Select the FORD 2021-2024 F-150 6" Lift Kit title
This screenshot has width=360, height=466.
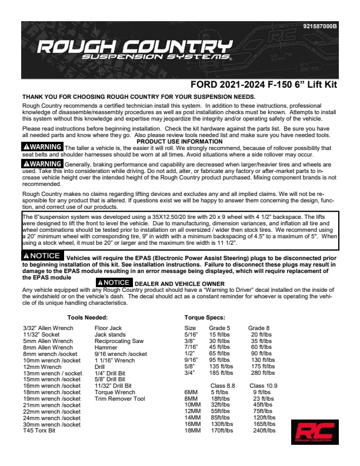coord(264,85)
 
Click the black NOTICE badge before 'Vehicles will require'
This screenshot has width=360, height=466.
coord(41,256)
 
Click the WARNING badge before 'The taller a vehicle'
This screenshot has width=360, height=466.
coord(42,146)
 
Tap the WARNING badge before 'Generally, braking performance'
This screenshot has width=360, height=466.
coord(42,163)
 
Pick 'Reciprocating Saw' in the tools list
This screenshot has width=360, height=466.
coord(119,341)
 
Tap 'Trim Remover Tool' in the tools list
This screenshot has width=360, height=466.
coord(119,398)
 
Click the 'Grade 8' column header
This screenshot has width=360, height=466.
coord(259,327)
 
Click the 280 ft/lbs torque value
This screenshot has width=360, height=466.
coord(263,372)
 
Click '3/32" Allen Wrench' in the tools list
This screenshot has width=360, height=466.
coord(48,327)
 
